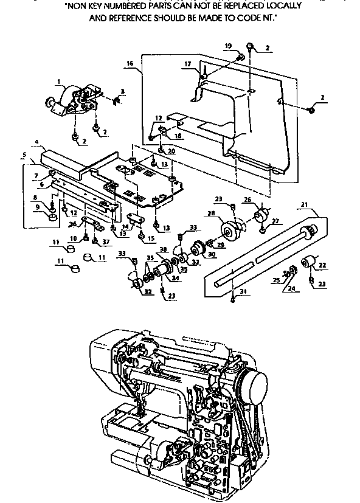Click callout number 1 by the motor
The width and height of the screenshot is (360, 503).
(59, 81)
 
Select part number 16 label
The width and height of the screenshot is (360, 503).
(130, 63)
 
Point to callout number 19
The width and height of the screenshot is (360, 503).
(228, 46)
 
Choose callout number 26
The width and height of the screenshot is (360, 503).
(247, 199)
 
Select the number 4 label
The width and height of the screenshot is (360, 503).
(38, 143)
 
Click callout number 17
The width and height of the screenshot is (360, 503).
(187, 63)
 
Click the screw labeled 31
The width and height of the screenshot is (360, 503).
(234, 299)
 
